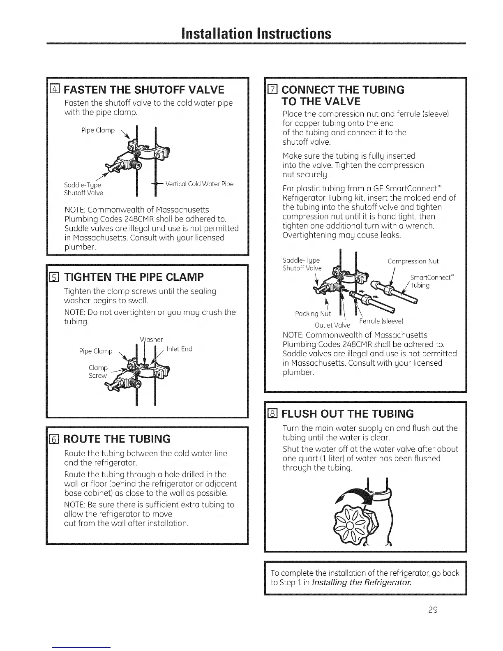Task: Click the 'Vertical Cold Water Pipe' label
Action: click(199, 184)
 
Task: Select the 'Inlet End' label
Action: click(179, 349)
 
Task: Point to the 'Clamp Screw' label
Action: click(98, 372)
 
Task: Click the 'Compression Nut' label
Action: click(413, 261)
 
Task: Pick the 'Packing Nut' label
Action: click(313, 314)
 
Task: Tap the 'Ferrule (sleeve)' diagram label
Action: click(381, 321)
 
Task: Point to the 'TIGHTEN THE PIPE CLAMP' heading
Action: click(134, 277)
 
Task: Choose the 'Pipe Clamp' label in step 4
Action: click(98, 130)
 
